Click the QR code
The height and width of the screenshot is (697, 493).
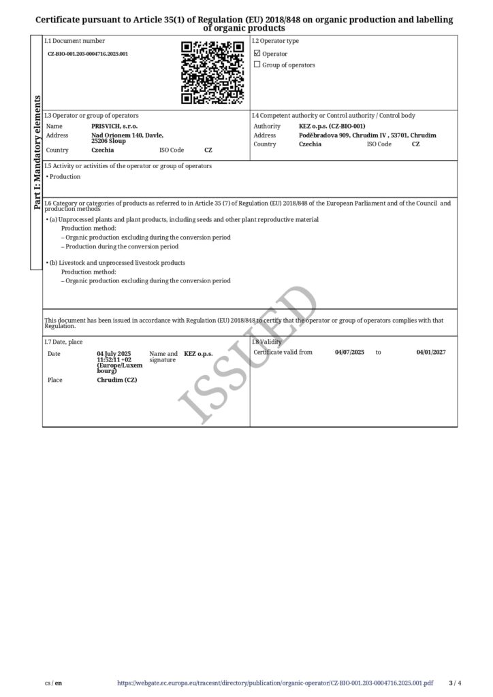click(212, 73)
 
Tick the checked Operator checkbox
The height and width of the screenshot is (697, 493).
click(257, 53)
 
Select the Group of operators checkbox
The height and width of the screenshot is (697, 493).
click(257, 65)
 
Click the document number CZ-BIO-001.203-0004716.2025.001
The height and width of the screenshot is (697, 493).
click(88, 53)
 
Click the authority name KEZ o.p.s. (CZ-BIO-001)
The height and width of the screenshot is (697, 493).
click(332, 126)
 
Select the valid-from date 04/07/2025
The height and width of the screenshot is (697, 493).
click(350, 352)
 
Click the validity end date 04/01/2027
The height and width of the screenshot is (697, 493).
click(431, 352)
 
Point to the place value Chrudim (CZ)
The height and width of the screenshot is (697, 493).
click(117, 380)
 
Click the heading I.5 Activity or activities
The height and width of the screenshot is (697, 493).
click(128, 166)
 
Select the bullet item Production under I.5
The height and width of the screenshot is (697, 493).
click(64, 177)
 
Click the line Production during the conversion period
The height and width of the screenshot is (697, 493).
click(120, 246)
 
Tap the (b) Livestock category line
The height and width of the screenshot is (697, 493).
click(116, 263)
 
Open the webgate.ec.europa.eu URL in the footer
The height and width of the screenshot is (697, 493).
click(275, 683)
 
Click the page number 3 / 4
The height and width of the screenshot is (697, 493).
click(456, 683)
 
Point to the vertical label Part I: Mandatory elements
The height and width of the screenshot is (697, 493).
click(37, 152)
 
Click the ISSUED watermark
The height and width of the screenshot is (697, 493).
click(249, 354)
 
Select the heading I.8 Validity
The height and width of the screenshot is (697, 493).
click(267, 342)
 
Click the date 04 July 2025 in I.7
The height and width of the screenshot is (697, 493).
click(114, 354)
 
